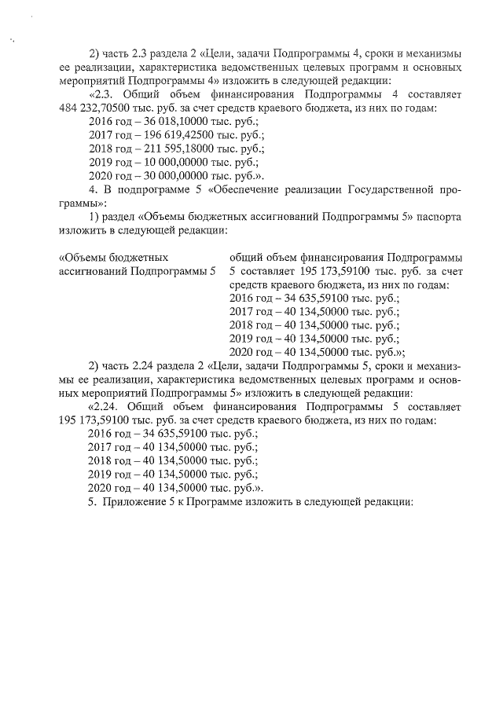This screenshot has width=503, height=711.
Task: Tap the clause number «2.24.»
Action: [x=108, y=407]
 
